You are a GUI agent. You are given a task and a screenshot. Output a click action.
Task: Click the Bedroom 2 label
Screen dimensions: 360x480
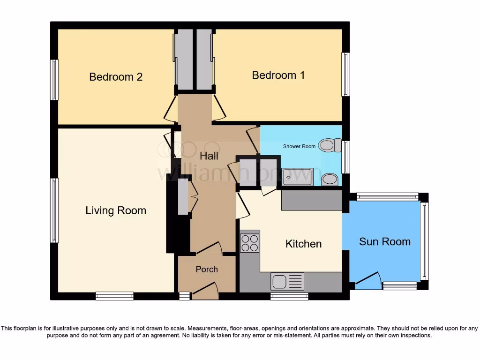tap(116, 77)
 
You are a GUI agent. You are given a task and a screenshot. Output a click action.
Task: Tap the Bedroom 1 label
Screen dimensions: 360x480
tap(278, 75)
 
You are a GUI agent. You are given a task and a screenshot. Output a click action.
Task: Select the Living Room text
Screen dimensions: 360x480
tap(116, 211)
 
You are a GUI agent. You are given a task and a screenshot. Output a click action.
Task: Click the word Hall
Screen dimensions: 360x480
tap(209, 156)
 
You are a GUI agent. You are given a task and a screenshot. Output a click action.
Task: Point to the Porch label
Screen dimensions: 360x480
tap(207, 269)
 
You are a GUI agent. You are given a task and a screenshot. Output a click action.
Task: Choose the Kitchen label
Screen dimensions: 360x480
tap(304, 244)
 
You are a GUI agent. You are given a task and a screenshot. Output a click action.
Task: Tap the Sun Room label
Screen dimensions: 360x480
tap(384, 242)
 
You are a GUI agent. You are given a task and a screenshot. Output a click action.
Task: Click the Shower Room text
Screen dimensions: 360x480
tap(299, 146)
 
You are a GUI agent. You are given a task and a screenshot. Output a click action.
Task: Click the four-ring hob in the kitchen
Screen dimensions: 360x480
tap(249, 243)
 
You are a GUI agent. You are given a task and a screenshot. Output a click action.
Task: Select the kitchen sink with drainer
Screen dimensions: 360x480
tap(287, 281)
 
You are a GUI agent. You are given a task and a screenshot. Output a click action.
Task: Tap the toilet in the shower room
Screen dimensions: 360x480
tap(331, 145)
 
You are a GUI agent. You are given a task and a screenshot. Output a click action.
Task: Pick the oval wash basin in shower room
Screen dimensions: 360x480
tap(330, 179)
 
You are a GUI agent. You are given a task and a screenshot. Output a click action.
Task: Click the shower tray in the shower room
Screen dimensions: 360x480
tap(297, 177)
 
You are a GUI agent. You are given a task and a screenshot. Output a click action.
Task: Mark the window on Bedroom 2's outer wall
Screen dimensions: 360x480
tap(54, 80)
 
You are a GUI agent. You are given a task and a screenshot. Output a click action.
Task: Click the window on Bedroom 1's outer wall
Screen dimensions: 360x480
tap(345, 75)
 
